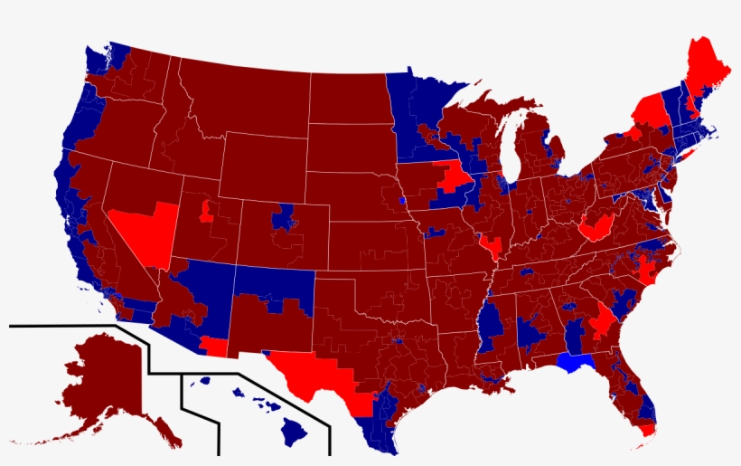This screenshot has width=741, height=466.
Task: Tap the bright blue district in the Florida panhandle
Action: [577, 363]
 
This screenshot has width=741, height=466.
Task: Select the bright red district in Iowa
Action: [454, 176]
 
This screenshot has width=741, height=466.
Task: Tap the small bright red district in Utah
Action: [206, 212]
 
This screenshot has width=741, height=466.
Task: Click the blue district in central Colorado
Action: [286, 216]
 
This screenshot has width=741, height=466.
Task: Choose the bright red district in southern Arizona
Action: [214, 347]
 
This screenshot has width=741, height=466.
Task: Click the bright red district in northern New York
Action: [649, 110]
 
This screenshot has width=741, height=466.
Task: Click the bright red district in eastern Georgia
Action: [601, 321]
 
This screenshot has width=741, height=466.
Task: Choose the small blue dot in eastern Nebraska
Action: [401, 198]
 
